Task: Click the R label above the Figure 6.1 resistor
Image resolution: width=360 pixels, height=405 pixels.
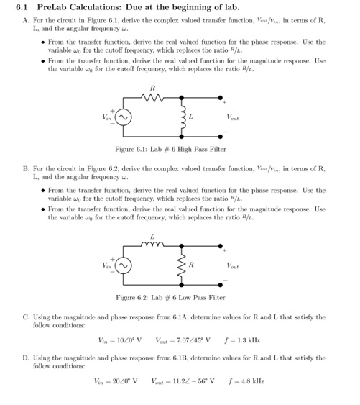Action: pyautogui.click(x=152, y=88)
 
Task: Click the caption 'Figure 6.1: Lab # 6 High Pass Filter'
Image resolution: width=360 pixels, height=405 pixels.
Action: pyautogui.click(x=170, y=149)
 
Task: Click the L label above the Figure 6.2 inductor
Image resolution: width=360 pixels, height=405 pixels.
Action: pyautogui.click(x=152, y=236)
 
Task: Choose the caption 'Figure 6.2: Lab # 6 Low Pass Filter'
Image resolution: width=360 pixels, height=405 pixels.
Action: pyautogui.click(x=170, y=298)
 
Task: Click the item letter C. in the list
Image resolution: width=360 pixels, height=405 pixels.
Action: pyautogui.click(x=27, y=315)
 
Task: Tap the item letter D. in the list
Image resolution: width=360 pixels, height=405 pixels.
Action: pyautogui.click(x=27, y=357)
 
